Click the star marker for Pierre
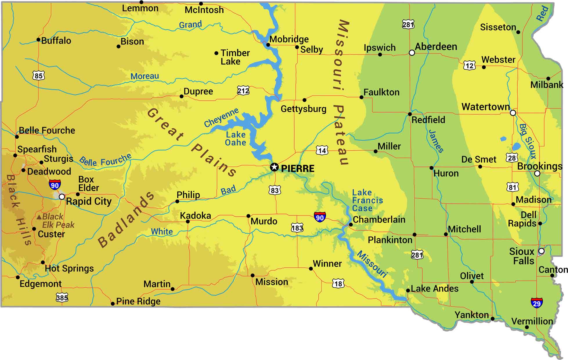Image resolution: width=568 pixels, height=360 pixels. click(274, 167)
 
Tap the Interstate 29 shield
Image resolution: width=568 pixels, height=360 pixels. click(536, 303)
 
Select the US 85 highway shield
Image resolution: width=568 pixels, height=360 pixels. click(38, 76)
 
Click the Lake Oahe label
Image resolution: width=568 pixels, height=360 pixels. click(235, 138)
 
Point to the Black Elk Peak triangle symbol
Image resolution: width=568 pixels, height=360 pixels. click(39, 217)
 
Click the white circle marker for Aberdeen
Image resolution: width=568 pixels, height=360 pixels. click(412, 53)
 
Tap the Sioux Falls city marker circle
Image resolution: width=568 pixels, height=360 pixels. click(541, 251)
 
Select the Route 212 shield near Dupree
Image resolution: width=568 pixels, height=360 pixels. click(243, 91)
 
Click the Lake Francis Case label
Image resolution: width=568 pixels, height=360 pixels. click(367, 200)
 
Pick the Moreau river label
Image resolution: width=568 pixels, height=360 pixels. click(145, 76)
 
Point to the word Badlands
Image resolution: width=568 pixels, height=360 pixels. click(126, 219)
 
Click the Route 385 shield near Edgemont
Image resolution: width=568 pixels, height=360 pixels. click(62, 297)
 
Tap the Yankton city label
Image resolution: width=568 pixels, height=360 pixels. click(472, 315)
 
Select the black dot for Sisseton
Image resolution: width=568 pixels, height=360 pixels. click(518, 32)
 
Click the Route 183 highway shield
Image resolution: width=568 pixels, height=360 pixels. click(297, 228)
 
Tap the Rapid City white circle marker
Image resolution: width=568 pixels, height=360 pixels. click(62, 197)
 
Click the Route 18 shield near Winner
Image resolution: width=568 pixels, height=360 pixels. click(338, 283)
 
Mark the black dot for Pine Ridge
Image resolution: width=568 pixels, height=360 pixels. click(113, 304)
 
